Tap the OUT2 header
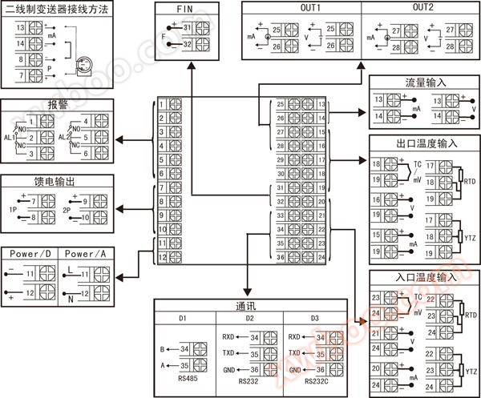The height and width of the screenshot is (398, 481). (424, 8)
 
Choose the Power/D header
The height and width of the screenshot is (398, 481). (31, 254)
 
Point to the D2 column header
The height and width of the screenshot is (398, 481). (249, 320)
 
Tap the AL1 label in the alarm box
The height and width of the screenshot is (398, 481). (11, 137)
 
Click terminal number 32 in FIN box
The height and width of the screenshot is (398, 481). (187, 45)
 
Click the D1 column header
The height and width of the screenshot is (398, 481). (182, 320)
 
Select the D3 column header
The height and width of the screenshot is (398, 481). (316, 320)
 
